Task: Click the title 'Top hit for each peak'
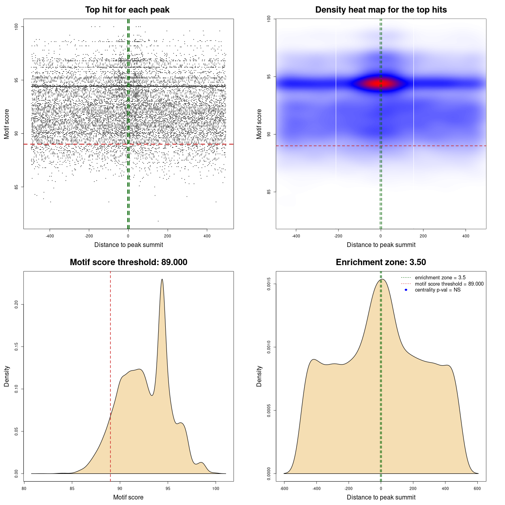click(127, 10)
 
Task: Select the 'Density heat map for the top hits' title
click(381, 10)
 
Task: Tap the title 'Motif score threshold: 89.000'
click(129, 262)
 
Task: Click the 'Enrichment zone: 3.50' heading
click(381, 262)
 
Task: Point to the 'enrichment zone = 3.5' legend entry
click(440, 278)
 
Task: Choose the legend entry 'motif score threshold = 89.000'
click(449, 284)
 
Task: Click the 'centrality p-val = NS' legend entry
click(438, 290)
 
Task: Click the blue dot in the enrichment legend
click(406, 290)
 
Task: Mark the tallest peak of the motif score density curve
click(162, 279)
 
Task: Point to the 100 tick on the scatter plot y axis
click(17, 26)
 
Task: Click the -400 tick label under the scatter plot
click(50, 236)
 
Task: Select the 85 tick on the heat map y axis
click(269, 192)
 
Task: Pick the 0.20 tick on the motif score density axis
click(17, 305)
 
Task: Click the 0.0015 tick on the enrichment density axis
click(269, 284)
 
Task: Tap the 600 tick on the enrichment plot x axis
click(477, 488)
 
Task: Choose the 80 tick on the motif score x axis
click(24, 488)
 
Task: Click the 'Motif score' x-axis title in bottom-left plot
click(128, 497)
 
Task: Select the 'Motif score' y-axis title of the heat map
click(259, 124)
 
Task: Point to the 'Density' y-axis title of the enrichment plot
click(259, 376)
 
